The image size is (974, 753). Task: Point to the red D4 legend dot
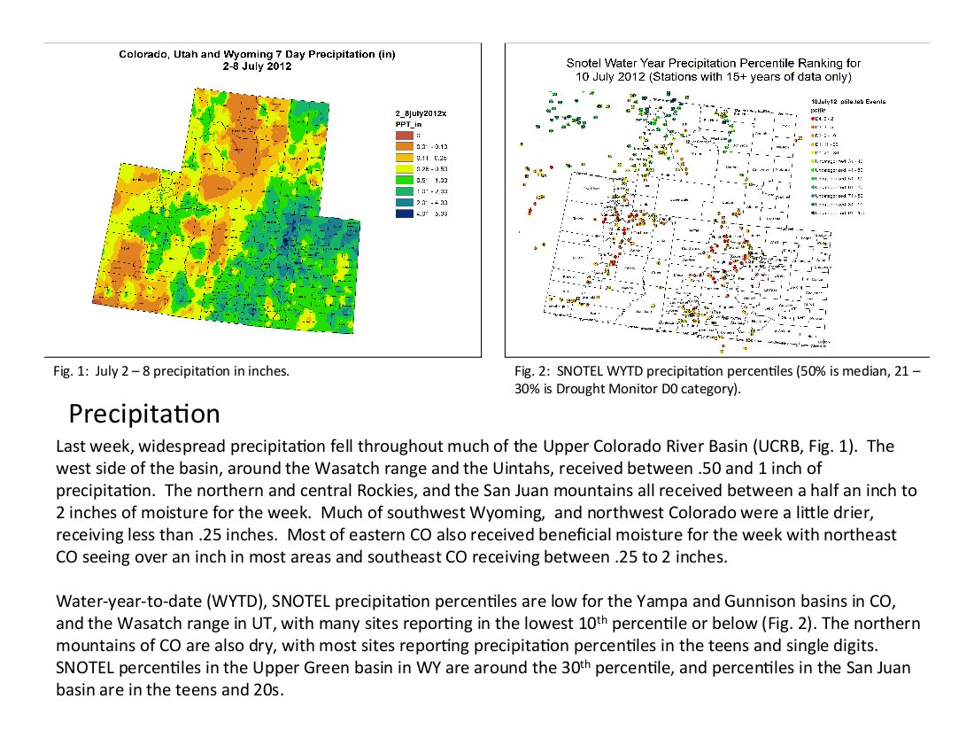tap(815, 117)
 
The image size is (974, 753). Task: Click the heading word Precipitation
tap(144, 414)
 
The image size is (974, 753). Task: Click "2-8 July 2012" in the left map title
tap(257, 66)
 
